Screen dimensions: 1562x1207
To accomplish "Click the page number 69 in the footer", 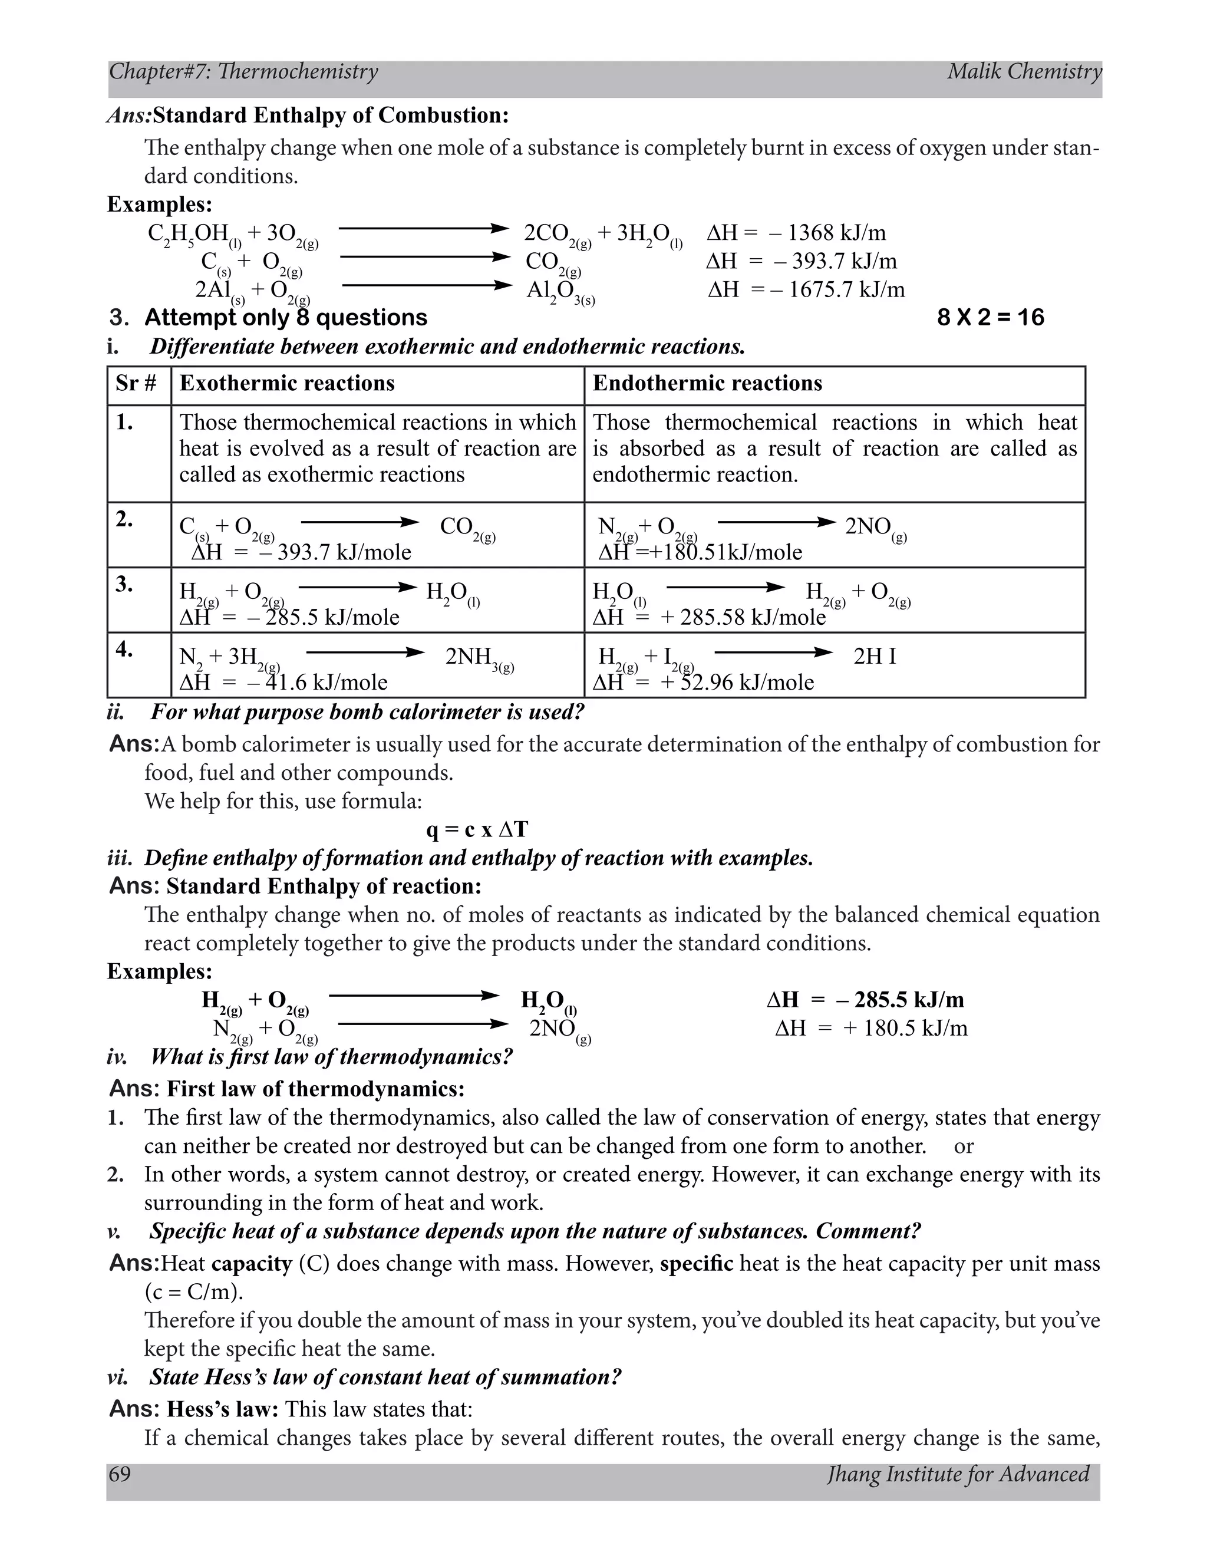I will tap(120, 1475).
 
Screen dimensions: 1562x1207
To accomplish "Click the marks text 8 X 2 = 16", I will tap(990, 318).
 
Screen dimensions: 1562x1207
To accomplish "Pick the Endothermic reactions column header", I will tap(707, 383).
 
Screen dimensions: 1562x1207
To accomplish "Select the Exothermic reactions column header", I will tap(287, 383).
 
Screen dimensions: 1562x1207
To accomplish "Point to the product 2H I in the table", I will tap(874, 657).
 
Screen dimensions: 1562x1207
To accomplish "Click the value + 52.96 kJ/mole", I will tap(737, 683).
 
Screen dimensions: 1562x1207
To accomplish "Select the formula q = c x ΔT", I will tap(477, 830).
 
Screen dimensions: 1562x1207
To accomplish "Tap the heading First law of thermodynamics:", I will tap(315, 1089).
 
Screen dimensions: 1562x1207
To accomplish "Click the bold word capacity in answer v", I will tap(252, 1264).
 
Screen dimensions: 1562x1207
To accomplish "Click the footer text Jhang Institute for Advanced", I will tap(958, 1475).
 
